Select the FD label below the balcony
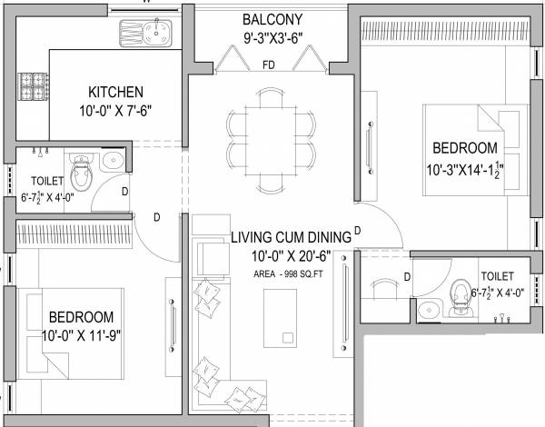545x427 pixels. [x=269, y=65]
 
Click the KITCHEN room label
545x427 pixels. [x=115, y=92]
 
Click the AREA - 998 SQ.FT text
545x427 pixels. [x=289, y=273]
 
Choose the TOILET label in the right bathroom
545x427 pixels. [x=498, y=274]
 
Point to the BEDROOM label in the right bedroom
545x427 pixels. [x=464, y=148]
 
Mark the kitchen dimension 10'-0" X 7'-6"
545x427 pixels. [x=115, y=112]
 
